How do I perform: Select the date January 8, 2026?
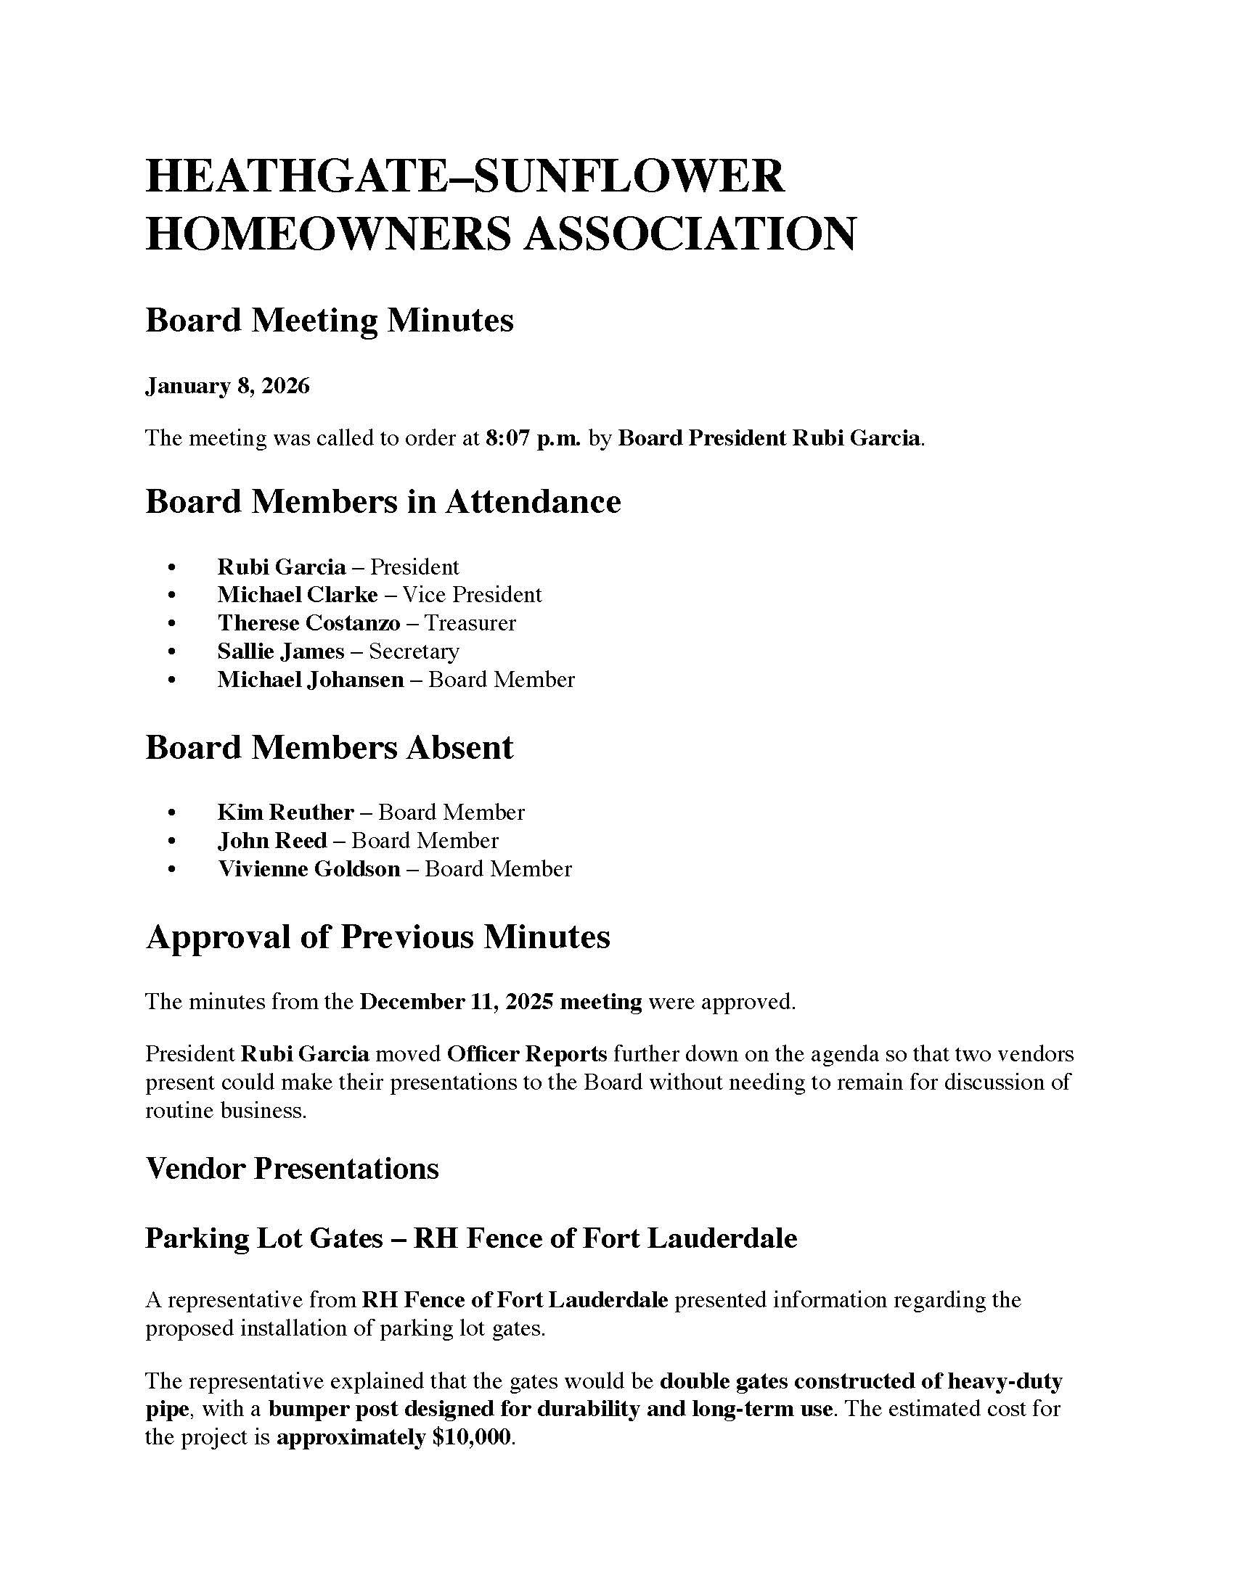point(227,386)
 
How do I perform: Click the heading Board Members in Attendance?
point(383,502)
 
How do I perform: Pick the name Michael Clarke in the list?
point(298,595)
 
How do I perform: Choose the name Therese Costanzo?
point(308,623)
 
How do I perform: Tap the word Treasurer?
point(470,623)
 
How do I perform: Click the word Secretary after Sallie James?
point(414,651)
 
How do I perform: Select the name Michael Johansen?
point(311,680)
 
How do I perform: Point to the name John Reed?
point(272,841)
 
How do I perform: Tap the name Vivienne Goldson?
point(308,869)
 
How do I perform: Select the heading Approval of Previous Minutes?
point(377,937)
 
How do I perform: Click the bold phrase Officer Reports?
point(527,1055)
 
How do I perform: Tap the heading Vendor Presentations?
point(292,1169)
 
